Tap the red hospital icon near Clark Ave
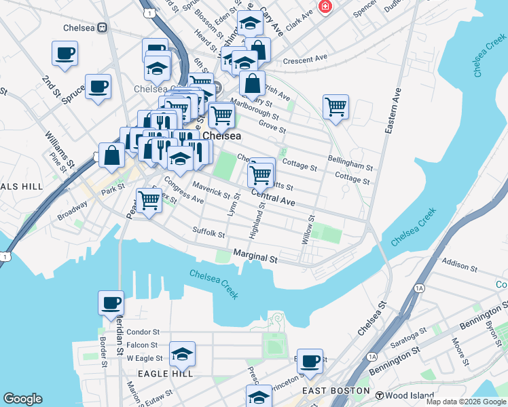(x=325, y=7)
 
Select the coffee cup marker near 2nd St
(x=65, y=54)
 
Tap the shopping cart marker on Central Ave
(x=261, y=175)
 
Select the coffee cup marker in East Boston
(x=310, y=362)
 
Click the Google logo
(x=22, y=399)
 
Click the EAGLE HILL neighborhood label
(x=165, y=374)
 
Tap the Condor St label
(x=143, y=332)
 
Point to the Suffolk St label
(x=208, y=233)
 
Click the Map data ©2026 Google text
(x=465, y=402)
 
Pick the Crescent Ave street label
(x=305, y=60)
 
